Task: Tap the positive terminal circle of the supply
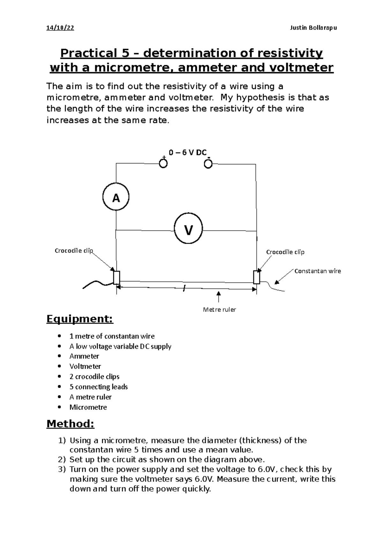click(x=163, y=164)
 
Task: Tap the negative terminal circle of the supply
click(x=208, y=164)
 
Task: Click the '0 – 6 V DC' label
click(x=188, y=153)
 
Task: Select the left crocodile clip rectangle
click(x=116, y=277)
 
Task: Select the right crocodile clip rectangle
click(x=257, y=277)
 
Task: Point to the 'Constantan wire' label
click(x=317, y=271)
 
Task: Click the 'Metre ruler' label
click(x=219, y=310)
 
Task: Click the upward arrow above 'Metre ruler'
click(x=219, y=296)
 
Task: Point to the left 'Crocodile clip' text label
click(x=73, y=251)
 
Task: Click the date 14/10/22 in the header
click(x=60, y=28)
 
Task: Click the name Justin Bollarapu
click(x=313, y=28)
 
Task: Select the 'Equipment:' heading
click(x=80, y=319)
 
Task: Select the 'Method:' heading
click(x=70, y=424)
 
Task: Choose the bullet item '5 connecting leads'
click(x=98, y=387)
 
